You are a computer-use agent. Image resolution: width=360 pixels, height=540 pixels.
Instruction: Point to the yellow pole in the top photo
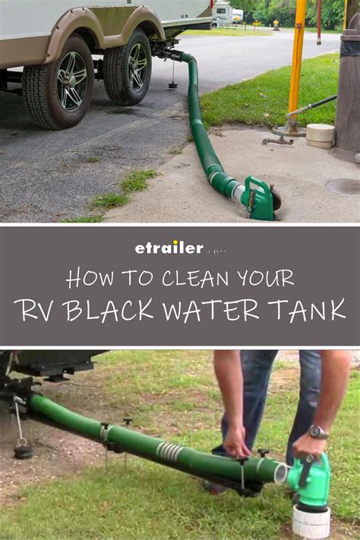click(296, 57)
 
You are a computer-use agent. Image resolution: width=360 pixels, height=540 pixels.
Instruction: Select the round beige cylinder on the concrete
click(320, 135)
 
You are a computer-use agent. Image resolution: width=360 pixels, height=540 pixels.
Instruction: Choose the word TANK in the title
click(304, 310)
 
